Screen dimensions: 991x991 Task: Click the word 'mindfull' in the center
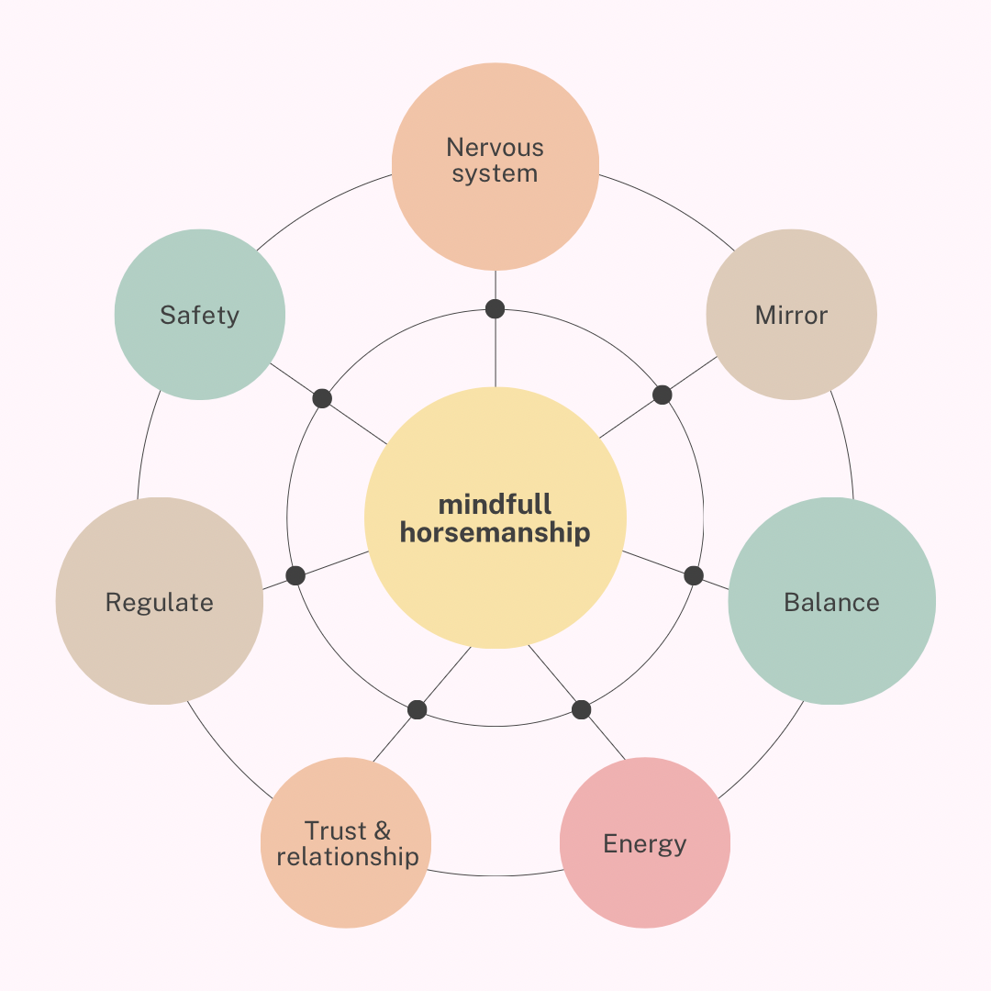click(495, 505)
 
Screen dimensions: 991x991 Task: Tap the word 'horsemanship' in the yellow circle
click(495, 533)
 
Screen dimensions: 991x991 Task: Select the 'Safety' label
click(200, 316)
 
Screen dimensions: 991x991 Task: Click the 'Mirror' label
click(791, 315)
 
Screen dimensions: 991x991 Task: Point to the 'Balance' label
click(831, 602)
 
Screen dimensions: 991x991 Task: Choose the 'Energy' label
click(645, 844)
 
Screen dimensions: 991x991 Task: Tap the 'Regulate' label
click(160, 602)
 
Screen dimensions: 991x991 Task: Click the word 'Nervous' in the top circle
click(495, 147)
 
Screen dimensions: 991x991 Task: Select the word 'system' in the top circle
click(495, 173)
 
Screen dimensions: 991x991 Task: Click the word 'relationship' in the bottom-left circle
click(348, 857)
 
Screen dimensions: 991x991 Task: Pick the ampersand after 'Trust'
click(383, 830)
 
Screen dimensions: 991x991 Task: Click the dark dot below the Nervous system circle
click(495, 309)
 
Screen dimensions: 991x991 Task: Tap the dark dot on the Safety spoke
click(322, 398)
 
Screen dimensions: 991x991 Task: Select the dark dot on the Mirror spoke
click(662, 395)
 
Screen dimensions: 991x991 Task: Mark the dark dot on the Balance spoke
click(694, 575)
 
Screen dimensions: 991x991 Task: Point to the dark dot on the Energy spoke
click(581, 709)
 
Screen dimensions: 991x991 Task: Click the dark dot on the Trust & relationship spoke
click(418, 709)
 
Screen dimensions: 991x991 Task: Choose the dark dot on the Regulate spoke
click(295, 575)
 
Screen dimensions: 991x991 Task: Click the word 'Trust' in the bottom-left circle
click(335, 830)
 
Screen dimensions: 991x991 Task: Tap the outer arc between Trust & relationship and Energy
click(495, 876)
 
